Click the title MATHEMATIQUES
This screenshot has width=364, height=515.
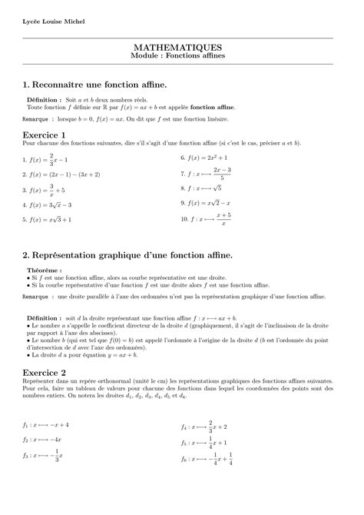point(182,47)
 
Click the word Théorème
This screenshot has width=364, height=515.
point(44,271)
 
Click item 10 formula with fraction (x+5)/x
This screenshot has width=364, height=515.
point(208,219)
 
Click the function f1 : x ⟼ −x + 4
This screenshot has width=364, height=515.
point(46,424)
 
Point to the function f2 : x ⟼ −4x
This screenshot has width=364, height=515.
point(42,440)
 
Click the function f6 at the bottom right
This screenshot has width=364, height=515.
point(210,460)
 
